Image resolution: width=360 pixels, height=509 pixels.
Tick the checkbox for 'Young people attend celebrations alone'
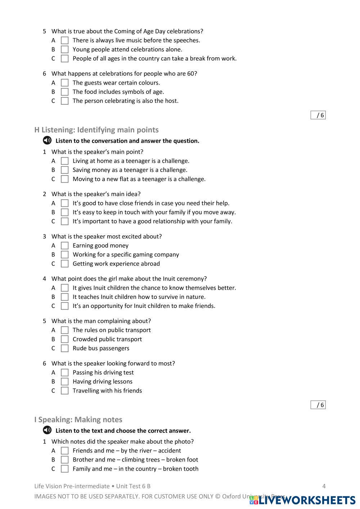click(x=65, y=50)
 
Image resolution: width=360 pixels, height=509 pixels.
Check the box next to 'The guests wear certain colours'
click(x=65, y=83)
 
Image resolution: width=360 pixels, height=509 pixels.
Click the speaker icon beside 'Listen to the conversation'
click(x=47, y=140)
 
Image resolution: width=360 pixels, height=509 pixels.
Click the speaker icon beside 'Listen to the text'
click(x=47, y=430)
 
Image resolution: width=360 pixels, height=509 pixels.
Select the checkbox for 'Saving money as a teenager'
click(x=65, y=170)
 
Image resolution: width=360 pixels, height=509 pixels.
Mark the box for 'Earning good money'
click(x=65, y=246)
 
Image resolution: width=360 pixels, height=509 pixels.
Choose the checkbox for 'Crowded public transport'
click(x=65, y=339)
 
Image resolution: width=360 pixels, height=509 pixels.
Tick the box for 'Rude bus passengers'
click(x=65, y=348)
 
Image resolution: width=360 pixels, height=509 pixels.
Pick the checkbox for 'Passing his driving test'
click(x=65, y=373)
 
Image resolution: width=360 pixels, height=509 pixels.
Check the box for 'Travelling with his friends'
click(x=65, y=391)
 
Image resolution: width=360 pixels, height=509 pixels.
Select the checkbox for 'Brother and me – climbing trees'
click(x=65, y=460)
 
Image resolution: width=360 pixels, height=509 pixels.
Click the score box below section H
click(x=318, y=405)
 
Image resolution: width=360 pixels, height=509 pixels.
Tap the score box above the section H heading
click(x=318, y=115)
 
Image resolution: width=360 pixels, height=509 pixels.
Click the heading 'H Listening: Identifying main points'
click(x=96, y=130)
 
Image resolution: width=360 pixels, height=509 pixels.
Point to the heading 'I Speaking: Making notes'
click(x=78, y=420)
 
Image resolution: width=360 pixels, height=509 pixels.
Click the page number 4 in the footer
click(x=324, y=486)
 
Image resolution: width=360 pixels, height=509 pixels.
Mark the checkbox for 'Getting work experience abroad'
click(x=65, y=264)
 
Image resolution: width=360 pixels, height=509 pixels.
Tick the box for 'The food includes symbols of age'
click(x=65, y=92)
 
